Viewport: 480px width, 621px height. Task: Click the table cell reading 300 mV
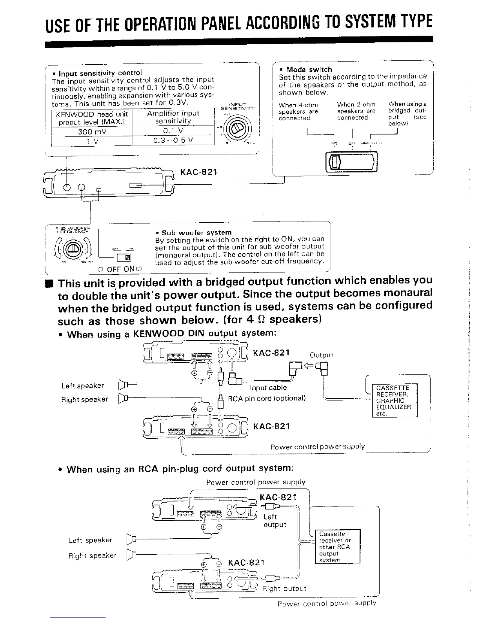92,131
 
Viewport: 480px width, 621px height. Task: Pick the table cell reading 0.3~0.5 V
173,140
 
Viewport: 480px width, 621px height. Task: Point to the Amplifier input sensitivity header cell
173,117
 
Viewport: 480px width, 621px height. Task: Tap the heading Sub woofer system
196,232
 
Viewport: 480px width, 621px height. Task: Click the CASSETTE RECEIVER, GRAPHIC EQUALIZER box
393,401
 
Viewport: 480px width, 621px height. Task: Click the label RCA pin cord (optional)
267,398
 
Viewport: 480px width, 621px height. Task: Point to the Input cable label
268,388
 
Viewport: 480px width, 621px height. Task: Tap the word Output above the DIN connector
321,355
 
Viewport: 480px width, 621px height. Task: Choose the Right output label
284,588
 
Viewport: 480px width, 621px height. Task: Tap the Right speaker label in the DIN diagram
84,399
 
